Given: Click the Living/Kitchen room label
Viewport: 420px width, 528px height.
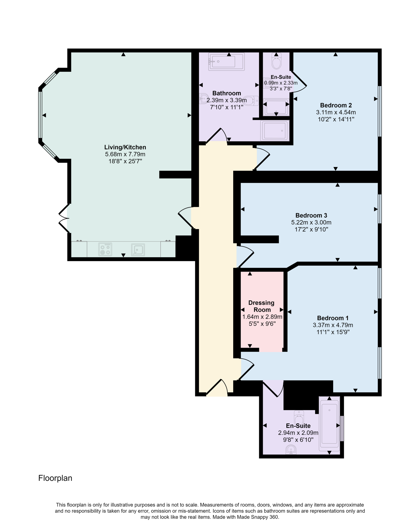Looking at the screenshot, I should [x=125, y=147].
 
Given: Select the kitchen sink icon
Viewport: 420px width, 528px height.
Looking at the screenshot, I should [x=138, y=250].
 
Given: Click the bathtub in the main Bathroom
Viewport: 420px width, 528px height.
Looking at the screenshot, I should [x=226, y=62].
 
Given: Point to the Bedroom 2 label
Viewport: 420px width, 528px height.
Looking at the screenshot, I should [x=336, y=105].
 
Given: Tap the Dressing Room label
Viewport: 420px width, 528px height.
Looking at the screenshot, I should [x=262, y=306].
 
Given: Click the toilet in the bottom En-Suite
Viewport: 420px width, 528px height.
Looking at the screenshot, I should [x=299, y=417].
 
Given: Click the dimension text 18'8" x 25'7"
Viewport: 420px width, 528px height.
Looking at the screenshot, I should [x=125, y=161].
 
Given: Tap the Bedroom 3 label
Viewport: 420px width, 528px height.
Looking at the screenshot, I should [x=311, y=215].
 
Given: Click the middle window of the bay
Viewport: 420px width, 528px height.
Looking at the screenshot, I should [x=40, y=115].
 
